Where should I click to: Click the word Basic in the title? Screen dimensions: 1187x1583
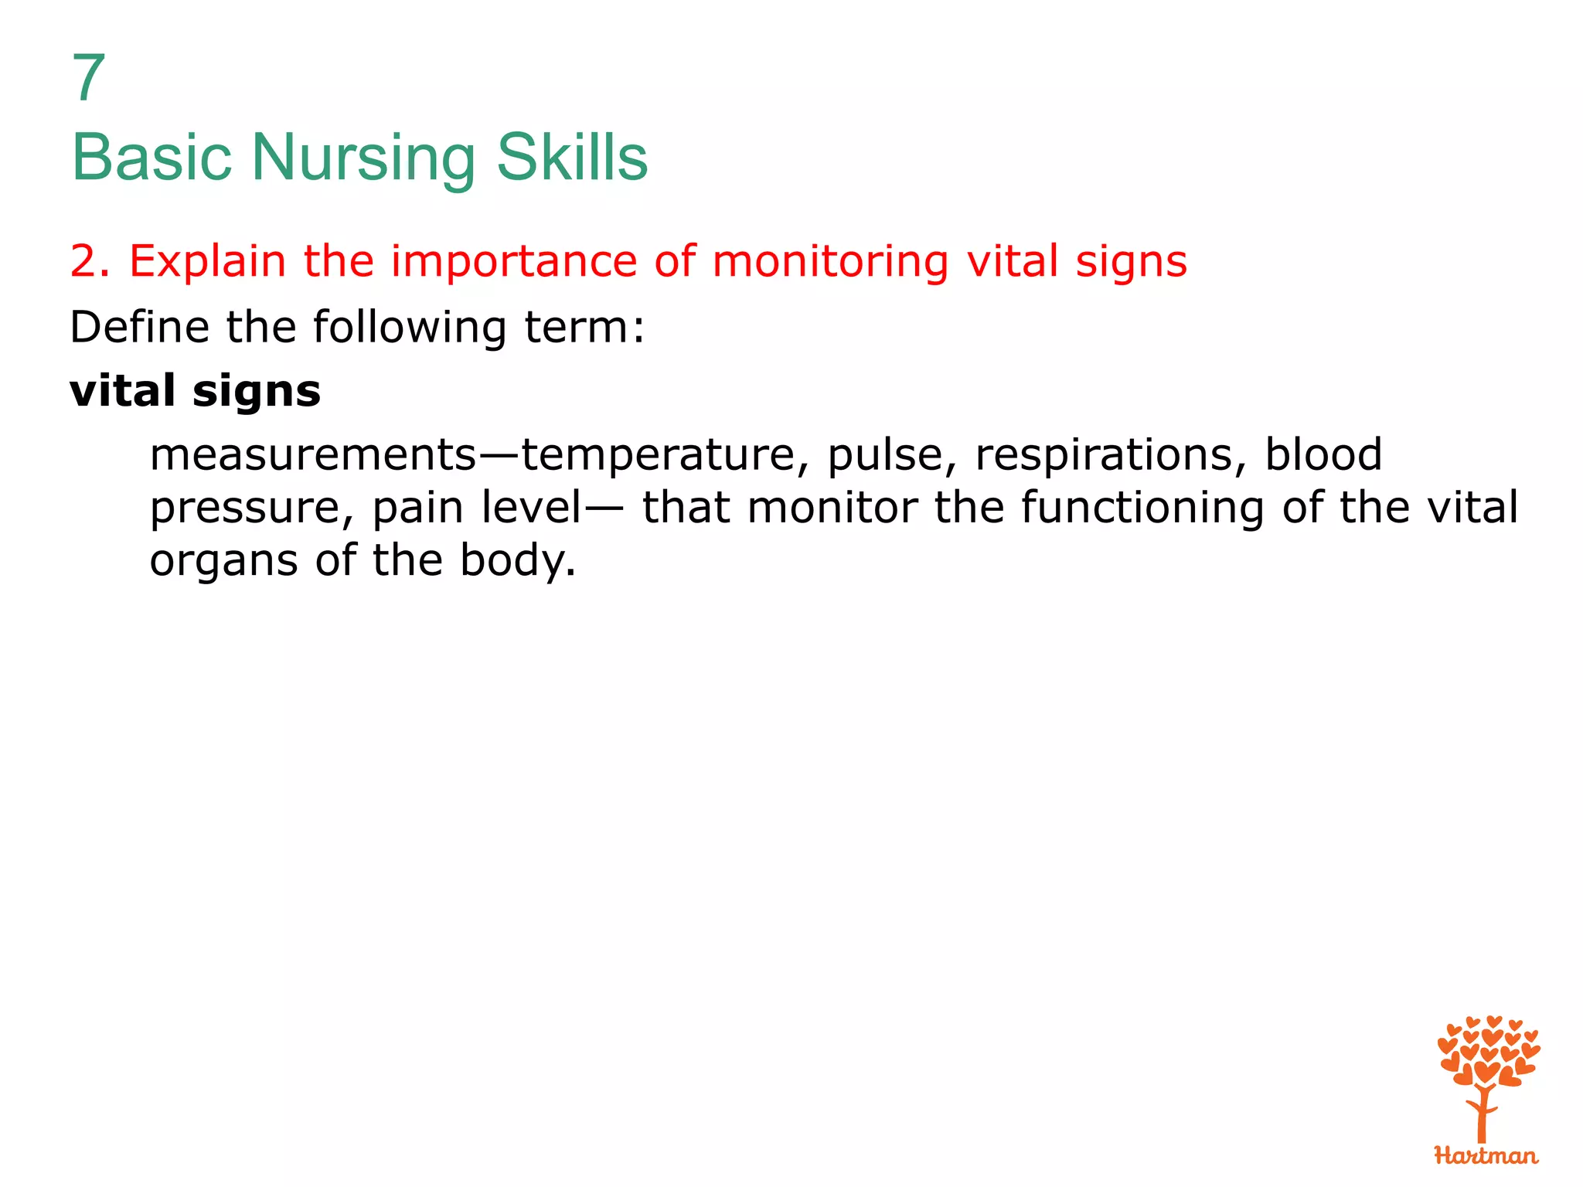tap(151, 158)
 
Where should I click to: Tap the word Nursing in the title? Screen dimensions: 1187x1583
tap(363, 158)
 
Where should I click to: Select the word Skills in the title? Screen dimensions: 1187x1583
tap(571, 158)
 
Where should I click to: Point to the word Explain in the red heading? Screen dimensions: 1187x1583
tap(207, 261)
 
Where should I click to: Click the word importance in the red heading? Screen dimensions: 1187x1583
tap(513, 261)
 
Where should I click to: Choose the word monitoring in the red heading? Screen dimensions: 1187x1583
tap(829, 261)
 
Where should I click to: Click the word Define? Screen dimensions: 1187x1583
tap(138, 327)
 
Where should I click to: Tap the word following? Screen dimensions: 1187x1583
tap(410, 328)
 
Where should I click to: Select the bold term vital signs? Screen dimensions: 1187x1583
tap(195, 391)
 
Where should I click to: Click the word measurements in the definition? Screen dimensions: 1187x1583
tap(313, 454)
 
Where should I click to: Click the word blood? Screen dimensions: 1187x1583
tap(1323, 454)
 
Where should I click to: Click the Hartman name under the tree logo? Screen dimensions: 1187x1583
tap(1486, 1156)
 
